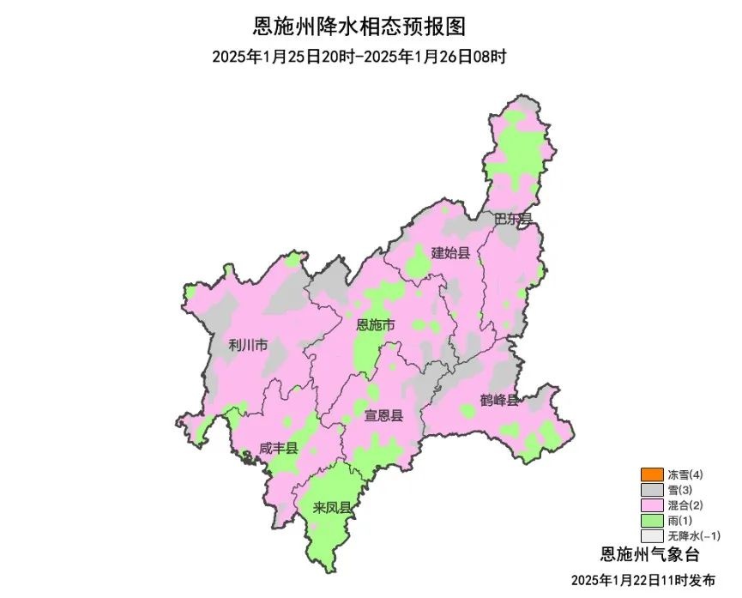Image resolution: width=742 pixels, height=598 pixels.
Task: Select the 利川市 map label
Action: pos(248,346)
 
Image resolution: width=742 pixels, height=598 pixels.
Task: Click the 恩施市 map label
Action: pos(376,325)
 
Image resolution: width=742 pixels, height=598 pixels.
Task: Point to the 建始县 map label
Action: pos(450,252)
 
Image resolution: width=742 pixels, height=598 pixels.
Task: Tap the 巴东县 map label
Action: pos(513,220)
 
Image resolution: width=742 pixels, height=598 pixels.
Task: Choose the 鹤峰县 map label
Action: pos(499,401)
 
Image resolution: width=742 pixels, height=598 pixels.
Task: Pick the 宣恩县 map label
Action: pos(383,416)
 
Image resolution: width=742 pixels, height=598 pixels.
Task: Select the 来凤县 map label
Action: pos(332,508)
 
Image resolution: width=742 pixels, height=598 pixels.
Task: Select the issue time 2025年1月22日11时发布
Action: pos(648,580)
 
